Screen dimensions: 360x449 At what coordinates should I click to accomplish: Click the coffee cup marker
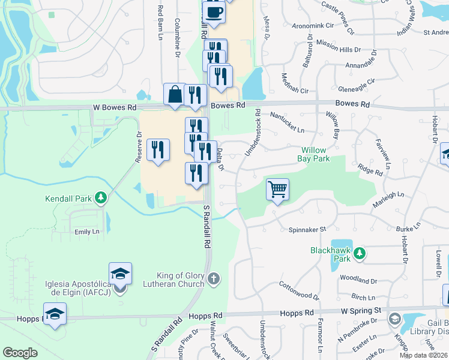(213, 11)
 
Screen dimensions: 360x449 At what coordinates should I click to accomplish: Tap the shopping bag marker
(175, 95)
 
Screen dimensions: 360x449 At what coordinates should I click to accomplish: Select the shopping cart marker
(277, 190)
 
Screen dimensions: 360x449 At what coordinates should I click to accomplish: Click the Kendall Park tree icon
(101, 197)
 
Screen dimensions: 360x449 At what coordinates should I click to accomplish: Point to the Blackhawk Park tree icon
(360, 254)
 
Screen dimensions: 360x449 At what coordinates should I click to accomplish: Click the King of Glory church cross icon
(214, 278)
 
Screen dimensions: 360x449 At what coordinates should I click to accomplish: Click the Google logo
(20, 353)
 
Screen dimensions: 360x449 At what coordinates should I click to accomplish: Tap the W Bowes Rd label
(115, 107)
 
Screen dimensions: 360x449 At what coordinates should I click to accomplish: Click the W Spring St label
(362, 311)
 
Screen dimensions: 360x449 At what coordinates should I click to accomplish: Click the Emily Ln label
(86, 232)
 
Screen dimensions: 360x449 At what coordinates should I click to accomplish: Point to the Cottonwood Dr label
(300, 292)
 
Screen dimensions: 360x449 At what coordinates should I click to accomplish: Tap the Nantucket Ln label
(288, 122)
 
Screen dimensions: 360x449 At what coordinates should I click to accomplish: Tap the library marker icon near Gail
(394, 318)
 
